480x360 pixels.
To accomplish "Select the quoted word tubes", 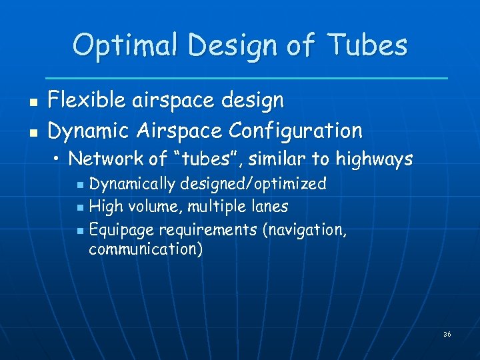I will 203,159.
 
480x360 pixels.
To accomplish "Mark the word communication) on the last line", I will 146,250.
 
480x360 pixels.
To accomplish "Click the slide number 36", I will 447,334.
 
